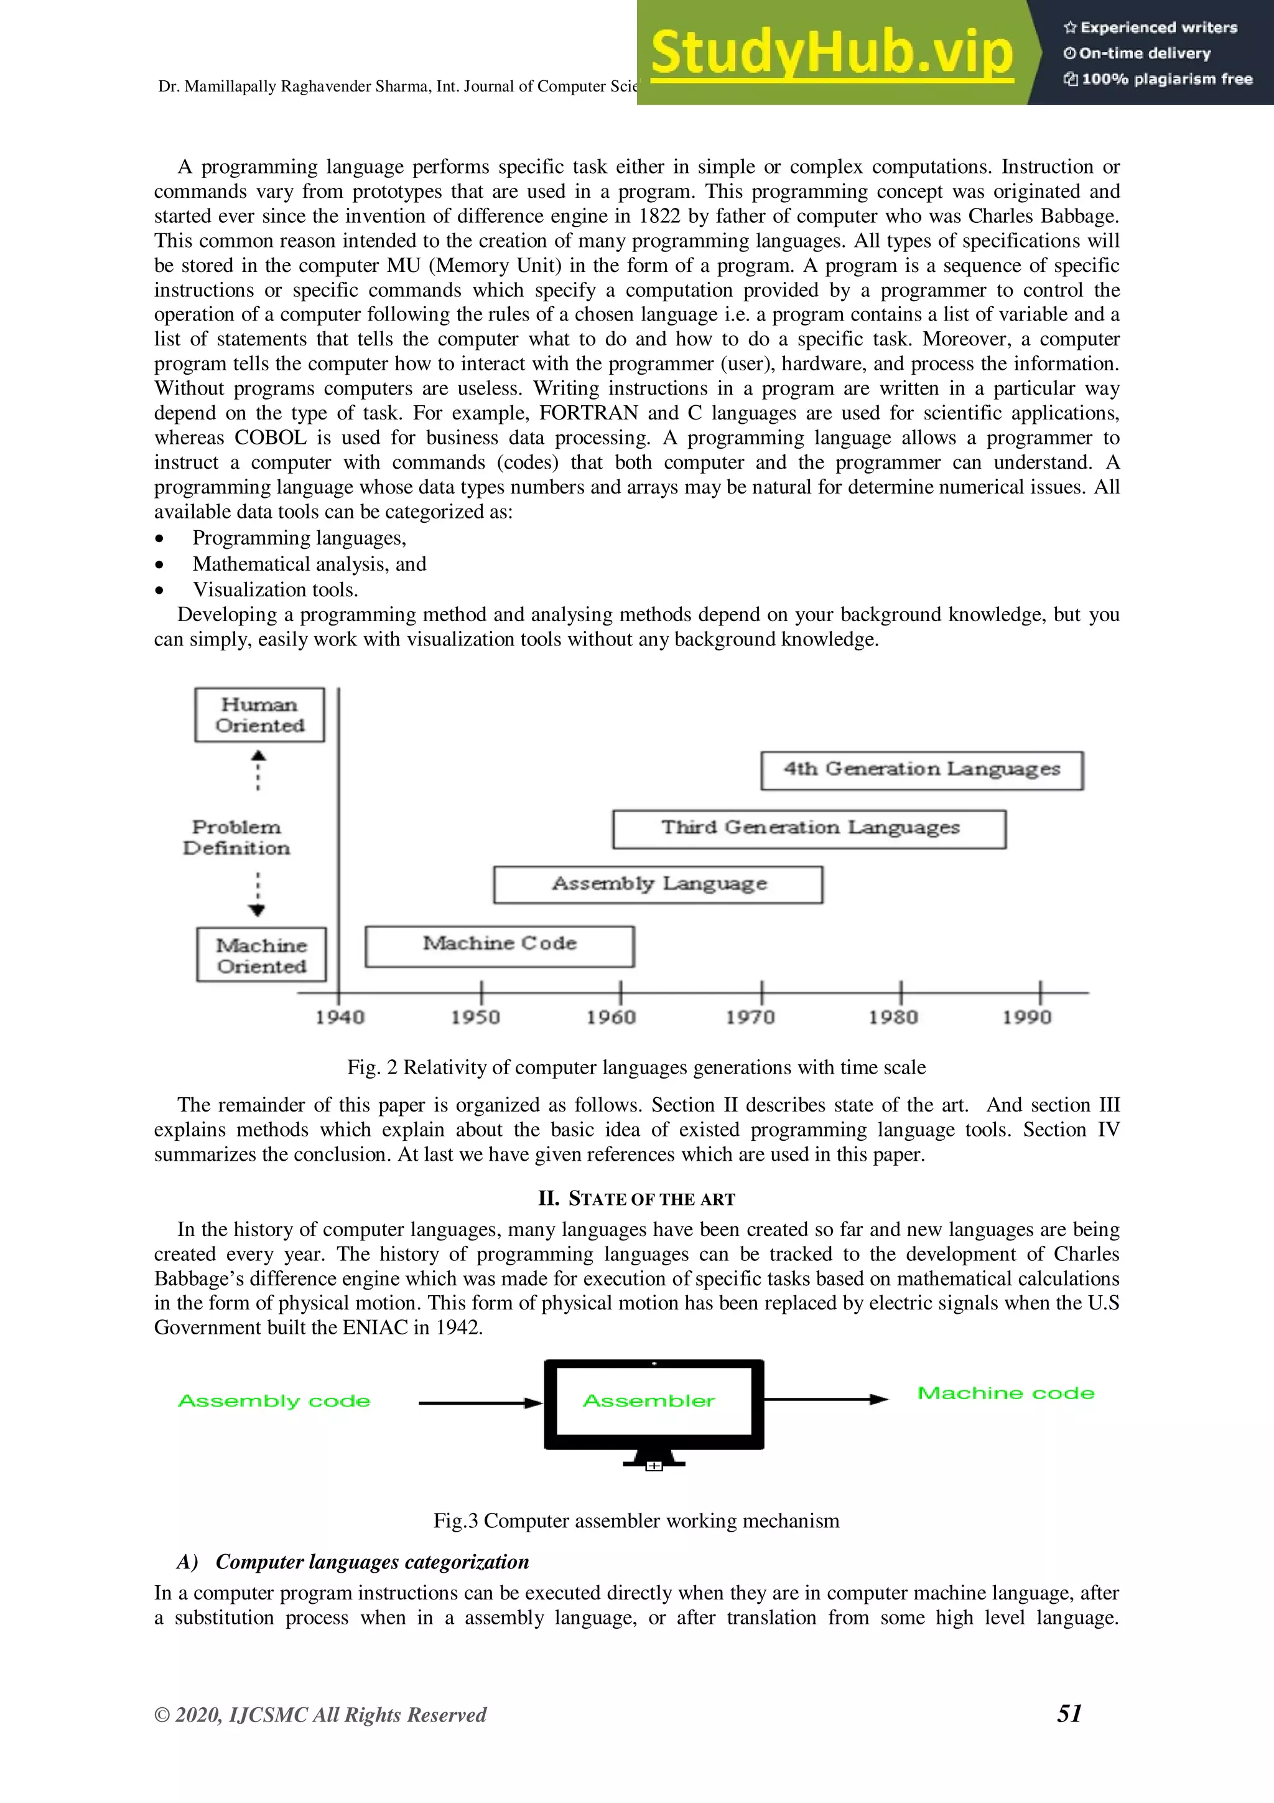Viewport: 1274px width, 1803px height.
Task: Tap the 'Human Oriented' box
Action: (259, 714)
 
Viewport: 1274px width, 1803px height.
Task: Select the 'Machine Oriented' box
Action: (261, 955)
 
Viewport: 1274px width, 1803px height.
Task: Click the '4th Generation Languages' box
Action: (921, 770)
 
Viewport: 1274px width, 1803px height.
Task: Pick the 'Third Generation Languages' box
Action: (809, 828)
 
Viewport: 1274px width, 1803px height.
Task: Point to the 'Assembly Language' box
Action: (658, 884)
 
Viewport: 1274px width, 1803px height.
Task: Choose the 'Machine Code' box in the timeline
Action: (500, 945)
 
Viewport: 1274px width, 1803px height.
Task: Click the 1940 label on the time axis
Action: (339, 1018)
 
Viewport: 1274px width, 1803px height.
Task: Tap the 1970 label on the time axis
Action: (750, 1018)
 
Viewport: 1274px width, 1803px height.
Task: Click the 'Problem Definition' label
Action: (236, 837)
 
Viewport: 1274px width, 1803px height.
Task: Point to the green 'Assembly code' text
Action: (274, 1401)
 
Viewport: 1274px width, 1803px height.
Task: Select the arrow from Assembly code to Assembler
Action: (480, 1403)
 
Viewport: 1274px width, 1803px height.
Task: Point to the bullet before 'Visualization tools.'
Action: (159, 590)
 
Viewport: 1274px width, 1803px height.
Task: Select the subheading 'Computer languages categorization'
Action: (371, 1562)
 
